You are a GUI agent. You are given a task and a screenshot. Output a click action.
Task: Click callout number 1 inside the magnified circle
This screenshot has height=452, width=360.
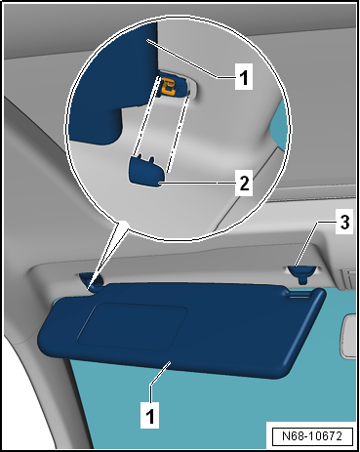coord(244,77)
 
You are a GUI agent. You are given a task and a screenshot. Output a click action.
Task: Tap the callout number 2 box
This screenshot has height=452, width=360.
coord(244,184)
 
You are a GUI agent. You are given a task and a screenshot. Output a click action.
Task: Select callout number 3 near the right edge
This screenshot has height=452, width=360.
coord(344,223)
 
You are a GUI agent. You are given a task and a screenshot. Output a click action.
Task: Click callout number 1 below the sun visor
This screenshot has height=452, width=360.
coord(150,415)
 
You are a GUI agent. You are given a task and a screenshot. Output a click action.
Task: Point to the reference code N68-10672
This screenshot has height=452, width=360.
coord(312,436)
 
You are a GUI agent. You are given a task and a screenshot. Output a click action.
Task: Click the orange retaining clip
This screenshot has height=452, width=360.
coord(168,86)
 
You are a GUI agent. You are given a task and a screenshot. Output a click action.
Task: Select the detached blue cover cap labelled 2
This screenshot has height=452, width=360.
coord(147,171)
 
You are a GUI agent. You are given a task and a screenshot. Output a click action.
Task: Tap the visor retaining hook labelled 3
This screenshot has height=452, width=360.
coord(301,273)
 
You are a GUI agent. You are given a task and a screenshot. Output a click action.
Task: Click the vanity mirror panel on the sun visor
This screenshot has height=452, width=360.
coord(132,326)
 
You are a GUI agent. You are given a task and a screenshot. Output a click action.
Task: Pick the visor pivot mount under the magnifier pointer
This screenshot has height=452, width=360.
coord(92,280)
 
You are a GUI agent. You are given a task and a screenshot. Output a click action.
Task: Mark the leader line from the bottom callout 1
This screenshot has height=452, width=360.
coord(160,373)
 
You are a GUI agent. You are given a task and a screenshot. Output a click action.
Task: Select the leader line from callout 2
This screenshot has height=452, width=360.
coord(197,184)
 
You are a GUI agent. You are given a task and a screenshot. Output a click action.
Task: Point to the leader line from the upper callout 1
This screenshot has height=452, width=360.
coord(190,59)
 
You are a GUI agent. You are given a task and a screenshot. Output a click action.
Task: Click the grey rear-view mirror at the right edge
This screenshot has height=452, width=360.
coord(349,336)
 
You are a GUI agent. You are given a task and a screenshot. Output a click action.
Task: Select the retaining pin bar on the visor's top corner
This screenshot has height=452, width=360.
coord(300,295)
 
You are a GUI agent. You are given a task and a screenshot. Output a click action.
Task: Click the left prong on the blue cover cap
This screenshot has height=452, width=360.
coord(140,157)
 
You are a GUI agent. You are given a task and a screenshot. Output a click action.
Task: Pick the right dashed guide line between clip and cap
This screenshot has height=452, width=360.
coord(179,133)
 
